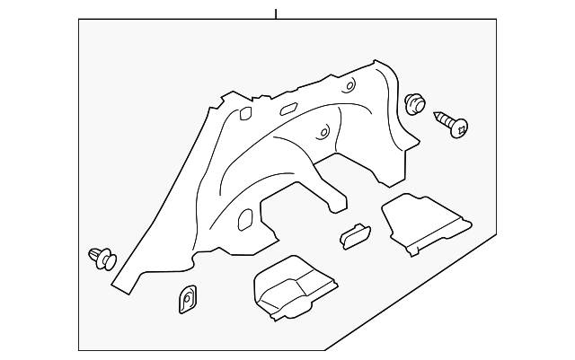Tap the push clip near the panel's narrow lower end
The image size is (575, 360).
[102, 259]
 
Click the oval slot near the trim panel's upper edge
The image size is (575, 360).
[289, 109]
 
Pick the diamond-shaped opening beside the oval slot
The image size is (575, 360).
[243, 113]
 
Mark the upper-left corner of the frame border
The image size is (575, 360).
[79, 22]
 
